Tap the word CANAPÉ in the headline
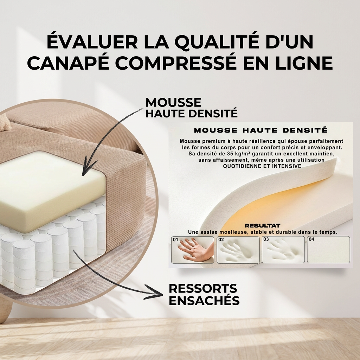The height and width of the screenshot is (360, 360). click(68, 63)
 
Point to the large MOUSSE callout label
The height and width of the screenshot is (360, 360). click(173, 102)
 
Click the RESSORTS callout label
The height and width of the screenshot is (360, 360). click(203, 289)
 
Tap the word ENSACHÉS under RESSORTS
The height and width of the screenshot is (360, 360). click(204, 300)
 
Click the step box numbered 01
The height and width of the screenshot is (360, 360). click(193, 250)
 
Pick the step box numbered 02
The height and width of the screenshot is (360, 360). click(238, 250)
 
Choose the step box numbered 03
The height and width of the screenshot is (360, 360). click(283, 250)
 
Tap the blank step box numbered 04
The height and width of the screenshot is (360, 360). click(329, 250)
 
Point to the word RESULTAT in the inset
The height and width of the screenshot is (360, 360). click(262, 226)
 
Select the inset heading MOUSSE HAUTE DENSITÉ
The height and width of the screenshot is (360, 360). click(261, 130)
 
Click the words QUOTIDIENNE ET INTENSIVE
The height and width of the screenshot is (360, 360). click(262, 166)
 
